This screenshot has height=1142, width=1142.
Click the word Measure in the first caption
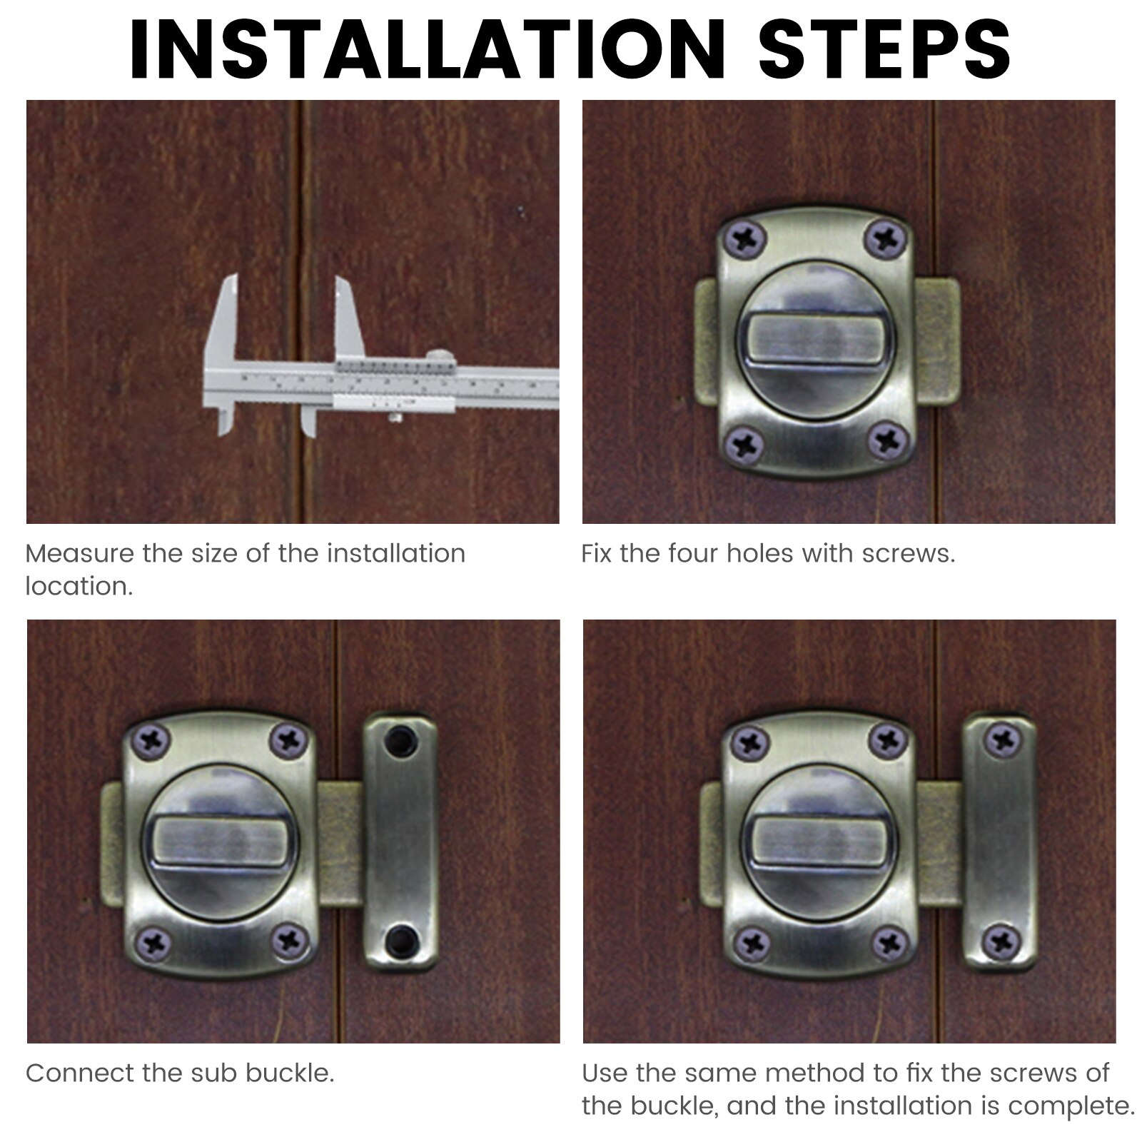[x=79, y=554]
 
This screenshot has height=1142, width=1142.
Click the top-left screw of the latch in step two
[x=744, y=238]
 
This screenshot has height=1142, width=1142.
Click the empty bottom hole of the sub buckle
[x=400, y=940]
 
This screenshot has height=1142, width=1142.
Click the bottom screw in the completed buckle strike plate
[x=1001, y=942]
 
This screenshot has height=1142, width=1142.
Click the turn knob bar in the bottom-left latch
[x=219, y=842]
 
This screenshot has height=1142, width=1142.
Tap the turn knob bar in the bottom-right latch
[x=818, y=842]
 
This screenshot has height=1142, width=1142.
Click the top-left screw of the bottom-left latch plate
[x=151, y=742]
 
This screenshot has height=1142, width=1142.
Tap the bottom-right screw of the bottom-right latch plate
[x=889, y=943]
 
